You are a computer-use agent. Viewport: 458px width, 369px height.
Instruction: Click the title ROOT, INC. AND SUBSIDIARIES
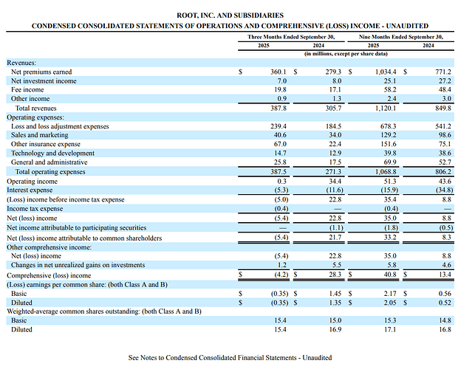coord(229,15)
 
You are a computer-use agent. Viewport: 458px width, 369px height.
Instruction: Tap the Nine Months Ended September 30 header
coord(400,35)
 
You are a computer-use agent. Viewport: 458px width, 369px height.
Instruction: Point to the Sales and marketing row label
coord(39,135)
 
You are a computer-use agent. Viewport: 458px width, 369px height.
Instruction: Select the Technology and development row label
coord(49,153)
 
